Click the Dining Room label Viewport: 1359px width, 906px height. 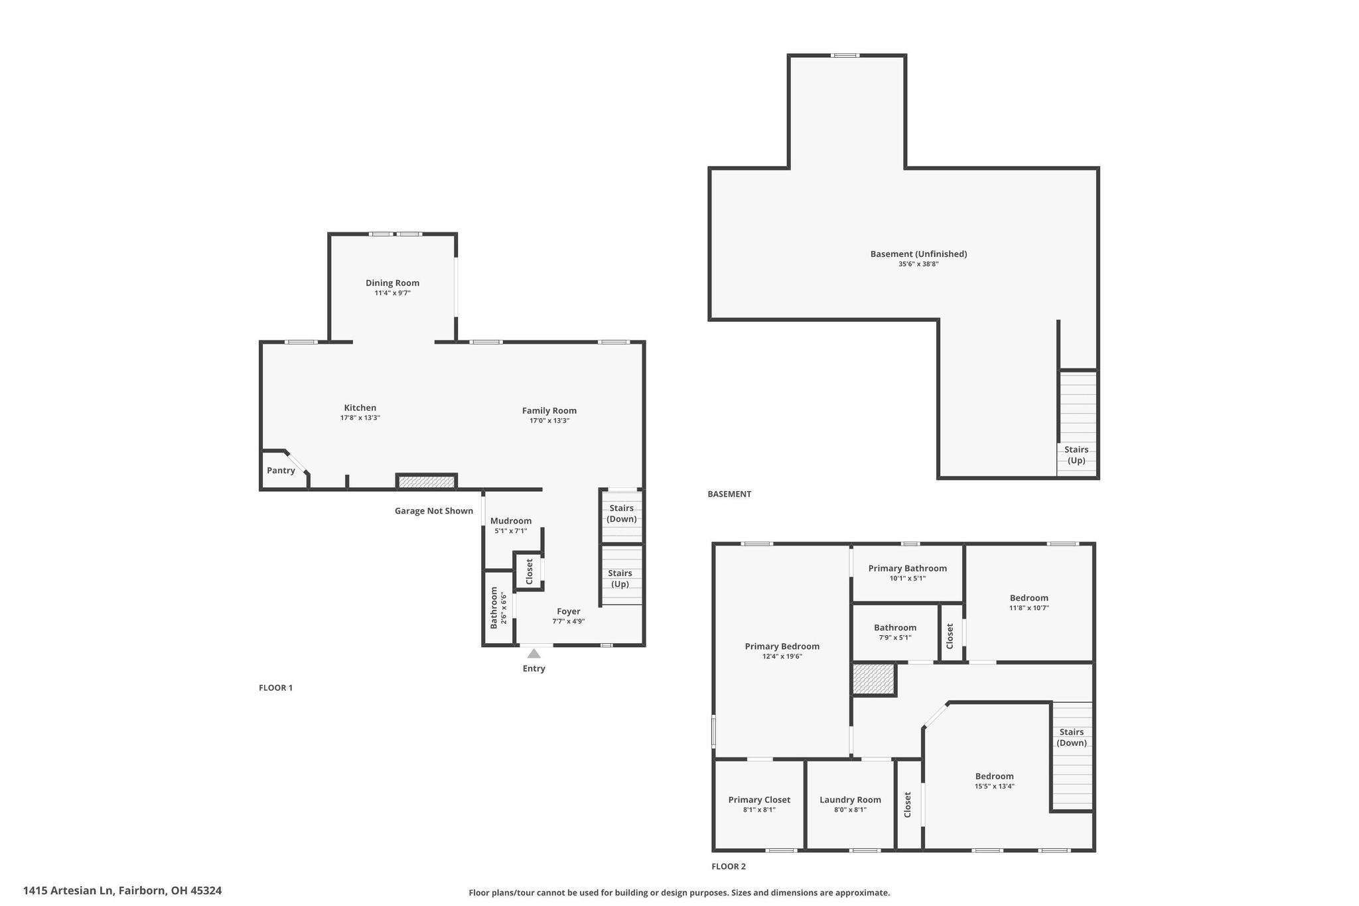click(x=392, y=283)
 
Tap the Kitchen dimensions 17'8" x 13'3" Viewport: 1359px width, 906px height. click(x=360, y=418)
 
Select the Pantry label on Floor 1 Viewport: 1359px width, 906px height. click(x=281, y=471)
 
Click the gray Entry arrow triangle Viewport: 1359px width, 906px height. click(x=534, y=654)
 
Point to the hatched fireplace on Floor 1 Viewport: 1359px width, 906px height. click(x=427, y=482)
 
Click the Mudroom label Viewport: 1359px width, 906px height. click(x=510, y=521)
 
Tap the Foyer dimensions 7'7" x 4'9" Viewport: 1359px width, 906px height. click(x=568, y=622)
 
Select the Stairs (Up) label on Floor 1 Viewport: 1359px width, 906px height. click(x=620, y=578)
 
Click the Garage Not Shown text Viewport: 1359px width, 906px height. click(x=433, y=511)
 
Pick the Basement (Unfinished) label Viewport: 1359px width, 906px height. click(x=918, y=254)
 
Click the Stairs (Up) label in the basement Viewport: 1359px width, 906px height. click(x=1076, y=455)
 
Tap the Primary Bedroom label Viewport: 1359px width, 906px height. click(x=782, y=646)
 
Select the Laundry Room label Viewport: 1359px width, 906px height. click(x=850, y=800)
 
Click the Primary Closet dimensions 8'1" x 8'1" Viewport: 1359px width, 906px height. click(x=759, y=810)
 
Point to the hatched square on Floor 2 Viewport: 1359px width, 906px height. click(x=873, y=679)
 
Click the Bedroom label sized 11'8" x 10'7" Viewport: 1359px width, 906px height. click(x=1029, y=598)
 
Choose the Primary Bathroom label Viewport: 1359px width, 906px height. click(x=907, y=568)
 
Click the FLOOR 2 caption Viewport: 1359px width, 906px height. click(x=729, y=866)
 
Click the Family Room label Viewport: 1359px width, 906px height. click(x=549, y=411)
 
